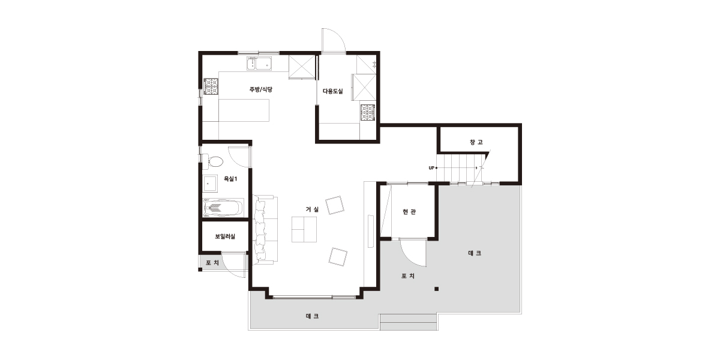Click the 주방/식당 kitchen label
coord(260,89)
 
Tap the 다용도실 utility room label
coord(332,91)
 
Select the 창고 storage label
coord(476,142)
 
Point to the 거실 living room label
coord(312,209)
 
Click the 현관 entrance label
coord(409,212)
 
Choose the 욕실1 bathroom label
coord(230,179)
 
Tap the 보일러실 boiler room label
coord(225,236)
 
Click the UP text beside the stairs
coord(431,168)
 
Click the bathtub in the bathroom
coord(223,208)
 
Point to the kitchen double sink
coord(259,64)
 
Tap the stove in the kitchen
coord(211,87)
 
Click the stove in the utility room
coord(368,113)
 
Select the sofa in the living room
coord(265,229)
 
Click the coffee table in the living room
coord(304,229)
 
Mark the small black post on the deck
coord(437,289)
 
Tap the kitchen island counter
coord(244,110)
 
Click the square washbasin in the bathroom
coord(210,184)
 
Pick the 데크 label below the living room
coord(312,316)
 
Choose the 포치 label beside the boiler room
coord(212,263)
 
